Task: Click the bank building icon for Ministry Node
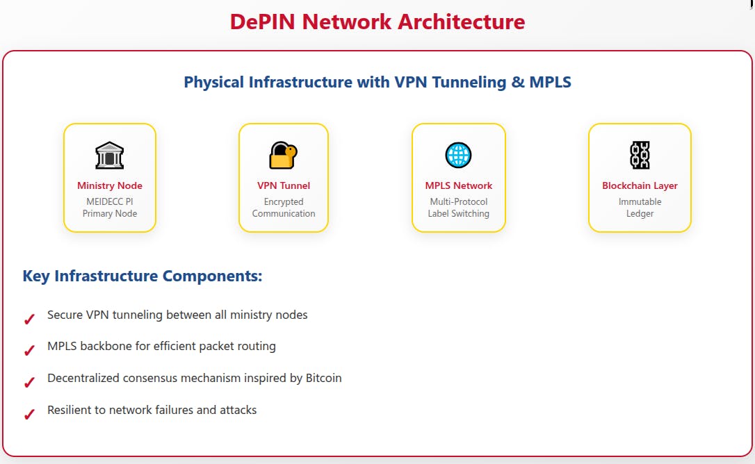click(x=109, y=156)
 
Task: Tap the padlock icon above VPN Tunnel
click(x=283, y=156)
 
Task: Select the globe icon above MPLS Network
click(x=458, y=155)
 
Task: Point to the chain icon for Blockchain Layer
click(x=640, y=155)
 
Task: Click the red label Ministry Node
click(x=110, y=185)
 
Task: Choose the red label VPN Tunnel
click(x=284, y=185)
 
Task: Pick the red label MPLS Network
click(x=459, y=185)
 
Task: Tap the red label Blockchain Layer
click(x=640, y=185)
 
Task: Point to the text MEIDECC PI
click(x=110, y=201)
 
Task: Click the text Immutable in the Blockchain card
click(x=640, y=201)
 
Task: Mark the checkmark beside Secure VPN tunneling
click(x=29, y=320)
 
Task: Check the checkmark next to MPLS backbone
click(x=29, y=351)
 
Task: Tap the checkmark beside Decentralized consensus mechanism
click(x=29, y=383)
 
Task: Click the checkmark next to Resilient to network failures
click(x=29, y=415)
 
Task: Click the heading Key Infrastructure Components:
click(x=143, y=276)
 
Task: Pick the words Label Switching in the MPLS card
click(x=459, y=213)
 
